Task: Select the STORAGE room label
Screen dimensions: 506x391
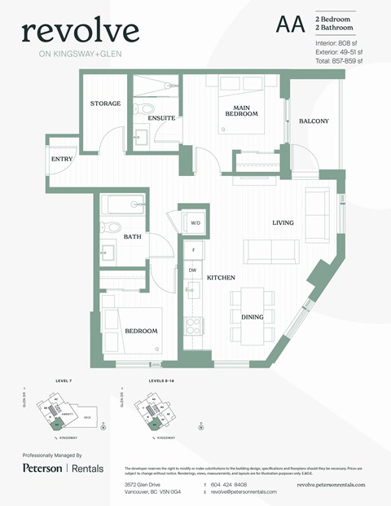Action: (106, 103)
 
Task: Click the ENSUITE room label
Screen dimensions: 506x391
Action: (161, 118)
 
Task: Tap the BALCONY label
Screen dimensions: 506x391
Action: (314, 121)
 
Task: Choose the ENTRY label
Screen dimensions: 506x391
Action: (62, 159)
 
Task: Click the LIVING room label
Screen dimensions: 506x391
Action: (283, 222)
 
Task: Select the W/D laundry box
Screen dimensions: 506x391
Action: (195, 222)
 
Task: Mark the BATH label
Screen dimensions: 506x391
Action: (132, 237)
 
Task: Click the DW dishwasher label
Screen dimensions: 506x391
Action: (192, 270)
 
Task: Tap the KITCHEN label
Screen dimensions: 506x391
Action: (221, 278)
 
